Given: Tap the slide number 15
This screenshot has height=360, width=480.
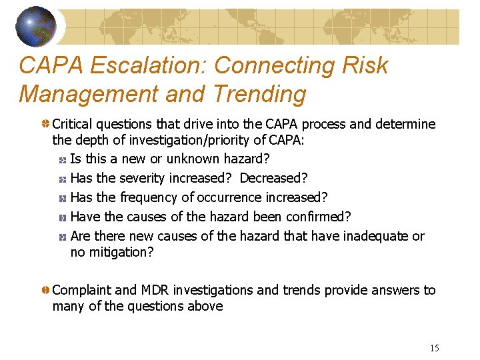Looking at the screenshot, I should click(435, 348).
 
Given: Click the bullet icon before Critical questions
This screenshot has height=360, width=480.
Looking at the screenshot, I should click(45, 125).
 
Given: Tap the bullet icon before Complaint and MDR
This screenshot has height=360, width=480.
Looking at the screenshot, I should click(45, 291).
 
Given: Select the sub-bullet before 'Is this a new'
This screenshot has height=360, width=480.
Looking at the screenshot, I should click(61, 160).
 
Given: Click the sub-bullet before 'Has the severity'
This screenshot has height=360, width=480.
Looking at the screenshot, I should click(61, 179).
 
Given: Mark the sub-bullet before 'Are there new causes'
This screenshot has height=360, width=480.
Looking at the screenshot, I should click(61, 237).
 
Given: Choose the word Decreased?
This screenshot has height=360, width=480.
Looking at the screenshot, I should click(273, 178).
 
